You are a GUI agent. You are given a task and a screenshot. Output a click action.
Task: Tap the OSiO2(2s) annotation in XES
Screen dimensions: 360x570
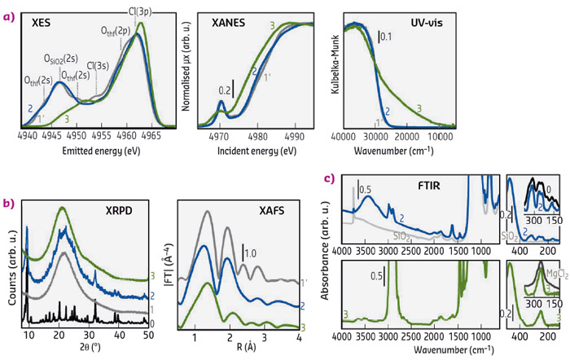pos(62,59)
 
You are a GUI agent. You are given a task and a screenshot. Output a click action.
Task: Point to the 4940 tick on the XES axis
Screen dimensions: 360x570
pos(29,137)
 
